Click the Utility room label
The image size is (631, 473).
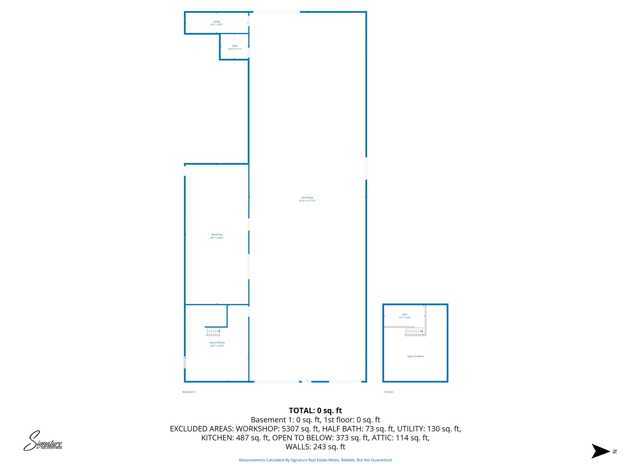(x=217, y=23)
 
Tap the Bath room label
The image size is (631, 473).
(x=235, y=47)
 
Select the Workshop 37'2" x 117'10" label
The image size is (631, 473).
(x=307, y=199)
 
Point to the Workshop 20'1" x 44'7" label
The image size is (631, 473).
(x=217, y=236)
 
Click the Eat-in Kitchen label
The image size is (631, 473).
(x=217, y=344)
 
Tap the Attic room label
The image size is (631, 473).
(x=405, y=316)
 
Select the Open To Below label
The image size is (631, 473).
(x=416, y=356)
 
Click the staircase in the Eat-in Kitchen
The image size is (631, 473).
(x=213, y=331)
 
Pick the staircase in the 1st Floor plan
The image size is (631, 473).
(x=414, y=331)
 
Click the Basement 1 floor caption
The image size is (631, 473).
(x=189, y=392)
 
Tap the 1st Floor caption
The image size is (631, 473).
(x=388, y=392)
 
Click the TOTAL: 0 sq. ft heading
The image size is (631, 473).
(x=315, y=410)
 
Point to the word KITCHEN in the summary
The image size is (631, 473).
(x=218, y=438)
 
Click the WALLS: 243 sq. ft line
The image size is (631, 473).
(x=315, y=447)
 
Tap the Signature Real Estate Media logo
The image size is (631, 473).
(x=43, y=441)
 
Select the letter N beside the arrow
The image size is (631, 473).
(x=615, y=451)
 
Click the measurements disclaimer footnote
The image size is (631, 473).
(x=315, y=460)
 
